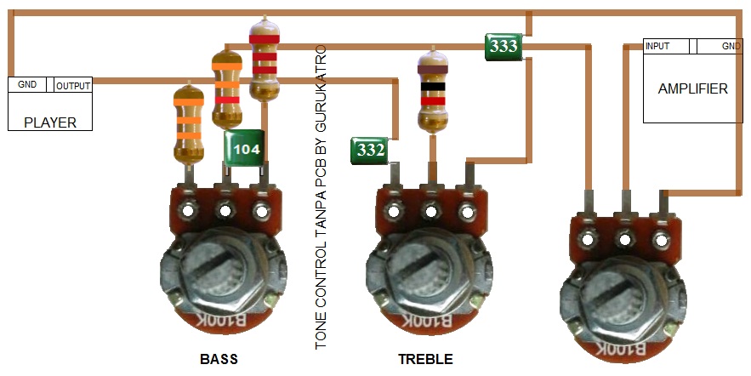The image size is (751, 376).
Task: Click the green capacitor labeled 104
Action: coord(245,150)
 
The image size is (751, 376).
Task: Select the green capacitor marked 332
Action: coord(370,151)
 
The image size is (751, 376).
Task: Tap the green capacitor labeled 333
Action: coord(503,46)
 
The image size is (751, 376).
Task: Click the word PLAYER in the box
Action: coord(50,122)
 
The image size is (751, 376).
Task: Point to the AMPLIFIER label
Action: coord(692,88)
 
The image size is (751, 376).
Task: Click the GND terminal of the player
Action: coord(28,85)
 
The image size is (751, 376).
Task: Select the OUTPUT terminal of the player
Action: coord(73,85)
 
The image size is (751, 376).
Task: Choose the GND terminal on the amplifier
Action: coord(731,46)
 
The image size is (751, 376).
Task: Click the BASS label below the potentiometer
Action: coord(219,358)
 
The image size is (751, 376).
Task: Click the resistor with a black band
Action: coord(432,89)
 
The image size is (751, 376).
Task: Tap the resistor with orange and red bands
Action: coord(226,85)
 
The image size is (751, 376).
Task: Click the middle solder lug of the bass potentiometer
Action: coord(226,209)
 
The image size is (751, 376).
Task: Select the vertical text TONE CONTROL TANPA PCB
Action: coord(321,196)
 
